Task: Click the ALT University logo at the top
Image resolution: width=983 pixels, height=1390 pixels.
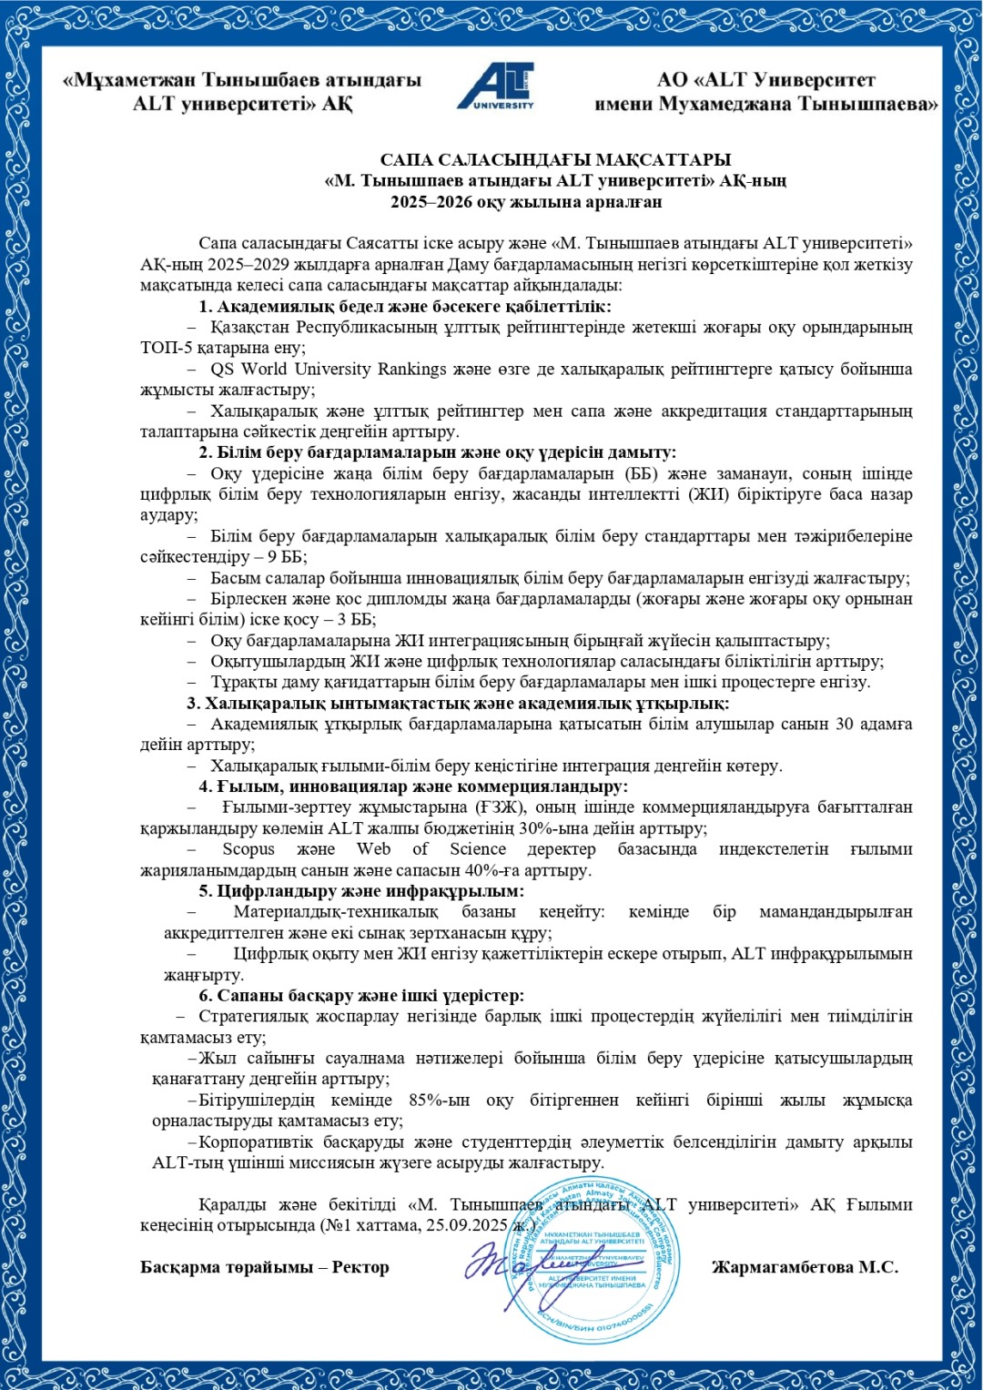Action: point(496,87)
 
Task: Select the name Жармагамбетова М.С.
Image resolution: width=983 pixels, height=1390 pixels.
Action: point(805,1267)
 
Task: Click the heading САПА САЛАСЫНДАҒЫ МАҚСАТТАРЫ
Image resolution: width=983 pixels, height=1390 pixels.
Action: point(555,160)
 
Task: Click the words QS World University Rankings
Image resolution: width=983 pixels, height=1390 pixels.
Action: point(329,369)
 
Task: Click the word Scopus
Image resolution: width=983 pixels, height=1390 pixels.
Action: point(248,849)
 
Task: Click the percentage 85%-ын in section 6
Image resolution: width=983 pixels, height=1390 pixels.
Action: point(439,1100)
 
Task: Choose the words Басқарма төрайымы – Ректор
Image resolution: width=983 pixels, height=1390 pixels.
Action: point(264,1267)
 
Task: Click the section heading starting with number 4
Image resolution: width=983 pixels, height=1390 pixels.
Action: point(413,786)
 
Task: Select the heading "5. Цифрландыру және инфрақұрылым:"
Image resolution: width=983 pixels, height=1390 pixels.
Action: point(361,891)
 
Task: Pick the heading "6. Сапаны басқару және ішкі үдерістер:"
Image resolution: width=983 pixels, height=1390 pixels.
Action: point(361,995)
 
